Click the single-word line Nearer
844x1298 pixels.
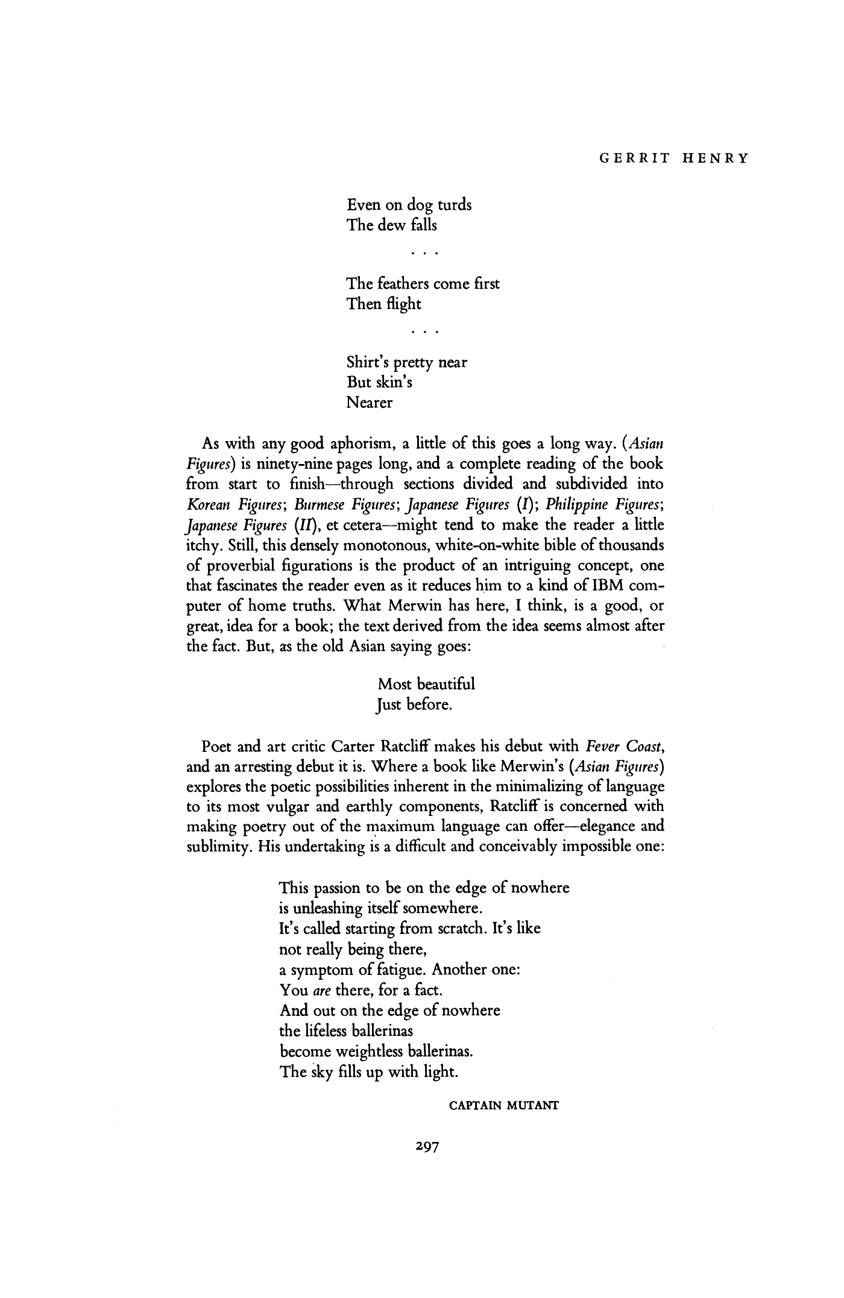click(x=370, y=403)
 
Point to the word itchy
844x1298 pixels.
click(x=203, y=545)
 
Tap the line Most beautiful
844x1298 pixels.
click(x=427, y=684)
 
